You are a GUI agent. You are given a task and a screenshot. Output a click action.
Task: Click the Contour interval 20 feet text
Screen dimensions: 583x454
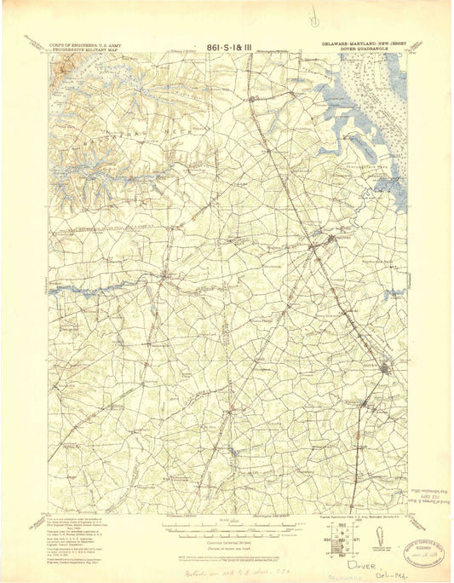[225, 533]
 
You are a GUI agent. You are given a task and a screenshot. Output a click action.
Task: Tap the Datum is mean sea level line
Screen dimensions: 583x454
[225, 538]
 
